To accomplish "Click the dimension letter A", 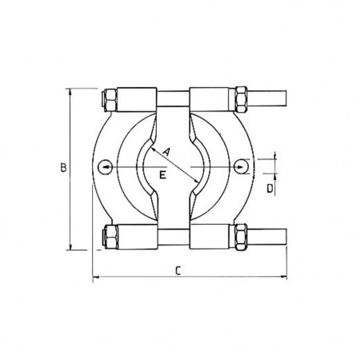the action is click(x=166, y=152).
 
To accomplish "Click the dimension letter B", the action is click(x=63, y=168).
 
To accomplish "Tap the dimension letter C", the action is click(x=178, y=270).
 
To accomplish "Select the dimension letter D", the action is click(x=270, y=189).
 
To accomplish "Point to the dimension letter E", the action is click(x=162, y=175).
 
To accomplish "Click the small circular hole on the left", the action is click(x=106, y=167).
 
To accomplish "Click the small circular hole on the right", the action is click(x=242, y=166).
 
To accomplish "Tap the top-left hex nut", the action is click(x=110, y=100).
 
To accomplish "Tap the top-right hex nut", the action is click(x=240, y=99).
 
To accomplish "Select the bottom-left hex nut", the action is click(x=110, y=236).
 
